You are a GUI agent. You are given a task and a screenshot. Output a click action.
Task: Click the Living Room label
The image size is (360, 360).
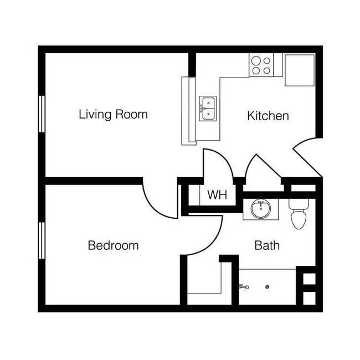[113, 115]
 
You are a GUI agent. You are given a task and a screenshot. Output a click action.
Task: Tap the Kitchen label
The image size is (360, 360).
[268, 116]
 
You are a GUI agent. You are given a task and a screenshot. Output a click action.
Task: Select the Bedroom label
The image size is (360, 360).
[113, 245]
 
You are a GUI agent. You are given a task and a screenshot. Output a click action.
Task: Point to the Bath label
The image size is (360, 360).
[266, 245]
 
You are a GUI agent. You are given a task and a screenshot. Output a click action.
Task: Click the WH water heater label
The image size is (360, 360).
[217, 196]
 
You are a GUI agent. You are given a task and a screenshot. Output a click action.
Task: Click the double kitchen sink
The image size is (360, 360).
[208, 108]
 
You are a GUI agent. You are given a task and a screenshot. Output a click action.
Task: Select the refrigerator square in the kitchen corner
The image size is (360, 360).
[300, 70]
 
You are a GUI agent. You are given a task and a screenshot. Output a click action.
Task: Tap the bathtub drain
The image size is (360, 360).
[268, 287]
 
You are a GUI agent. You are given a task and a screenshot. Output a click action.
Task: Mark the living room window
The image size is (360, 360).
[42, 114]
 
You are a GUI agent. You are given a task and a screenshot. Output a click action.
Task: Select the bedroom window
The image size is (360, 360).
[42, 239]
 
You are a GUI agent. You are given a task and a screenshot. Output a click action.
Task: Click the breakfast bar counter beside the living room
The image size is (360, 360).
[189, 110]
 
